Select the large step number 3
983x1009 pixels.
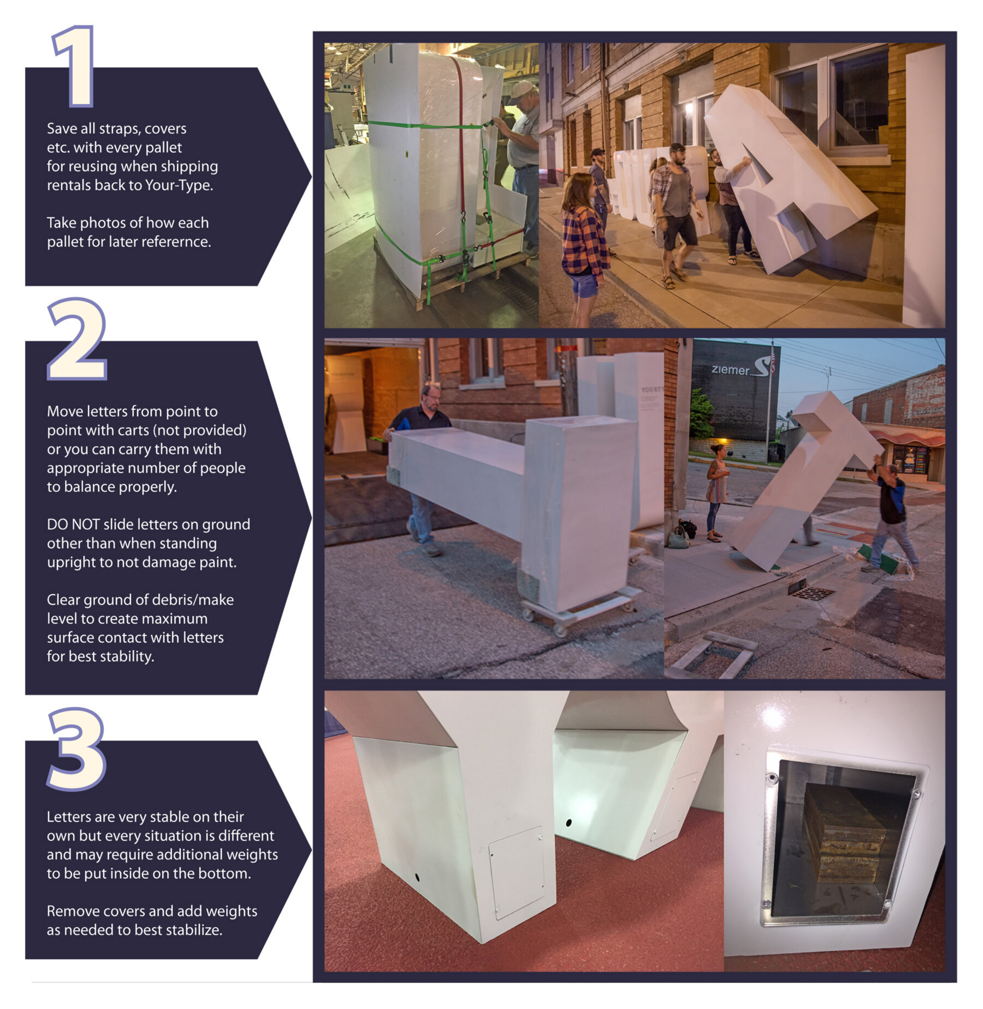click(76, 748)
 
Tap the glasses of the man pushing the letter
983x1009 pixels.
click(434, 396)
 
